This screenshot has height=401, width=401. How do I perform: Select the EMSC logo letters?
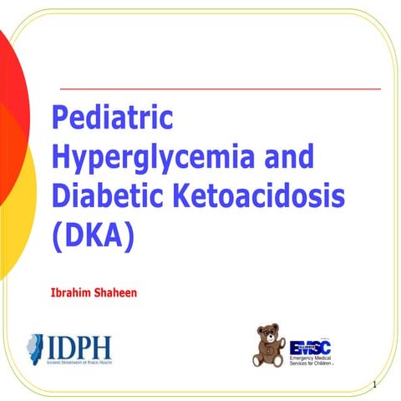pyautogui.click(x=311, y=347)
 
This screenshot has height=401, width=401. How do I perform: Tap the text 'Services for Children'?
pyautogui.click(x=318, y=365)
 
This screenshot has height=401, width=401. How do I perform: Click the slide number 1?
pyautogui.click(x=377, y=385)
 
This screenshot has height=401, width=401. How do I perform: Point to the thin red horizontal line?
pyautogui.click(x=221, y=88)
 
